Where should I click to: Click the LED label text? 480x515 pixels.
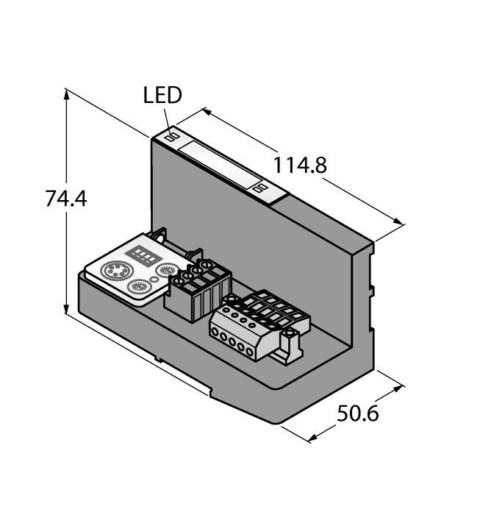coord(162,95)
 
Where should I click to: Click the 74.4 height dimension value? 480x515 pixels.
coord(65,199)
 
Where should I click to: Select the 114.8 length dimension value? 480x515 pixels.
coord(300,166)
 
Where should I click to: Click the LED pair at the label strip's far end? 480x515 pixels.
coord(259,189)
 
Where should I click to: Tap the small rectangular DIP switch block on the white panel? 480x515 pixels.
coord(141,252)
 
